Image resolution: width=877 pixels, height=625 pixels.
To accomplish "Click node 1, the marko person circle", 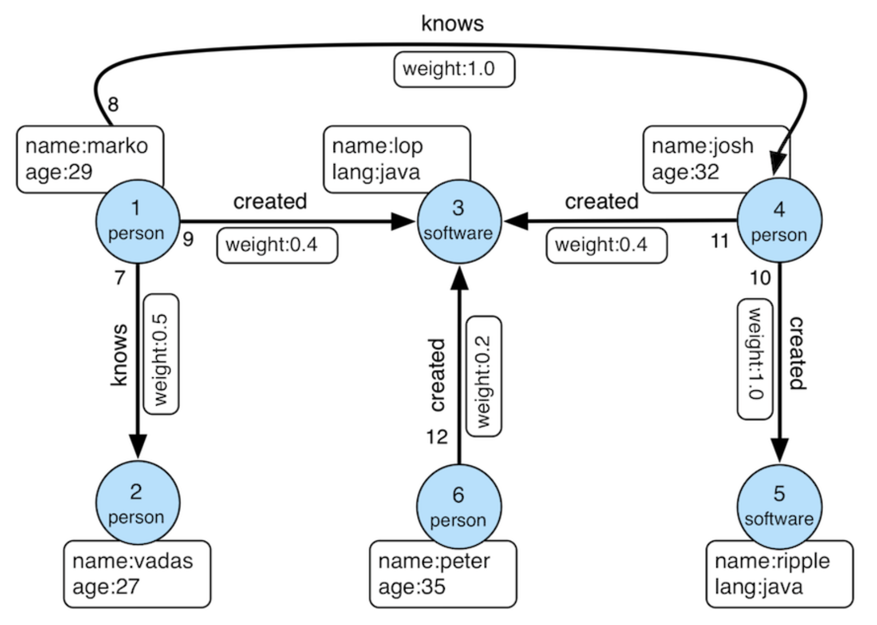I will click(137, 221).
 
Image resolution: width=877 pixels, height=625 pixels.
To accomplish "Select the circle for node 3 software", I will click(458, 221).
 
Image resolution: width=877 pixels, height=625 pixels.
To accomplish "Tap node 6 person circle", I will click(458, 506).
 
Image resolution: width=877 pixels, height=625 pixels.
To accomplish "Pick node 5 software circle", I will click(779, 506).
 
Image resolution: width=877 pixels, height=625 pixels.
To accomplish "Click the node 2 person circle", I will click(137, 503).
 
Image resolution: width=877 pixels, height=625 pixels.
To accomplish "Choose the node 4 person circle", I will click(779, 221).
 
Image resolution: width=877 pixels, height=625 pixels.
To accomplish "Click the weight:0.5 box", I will click(161, 354).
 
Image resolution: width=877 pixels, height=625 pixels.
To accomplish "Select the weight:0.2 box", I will click(484, 376).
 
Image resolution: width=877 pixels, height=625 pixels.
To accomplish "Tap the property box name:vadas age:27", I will click(137, 574).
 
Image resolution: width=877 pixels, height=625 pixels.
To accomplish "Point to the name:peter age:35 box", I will click(442, 574).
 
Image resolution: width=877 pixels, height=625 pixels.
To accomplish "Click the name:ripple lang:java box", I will click(779, 574).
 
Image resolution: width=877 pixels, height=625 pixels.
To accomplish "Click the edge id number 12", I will click(436, 437).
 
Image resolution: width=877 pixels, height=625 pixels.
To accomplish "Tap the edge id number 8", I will click(113, 104).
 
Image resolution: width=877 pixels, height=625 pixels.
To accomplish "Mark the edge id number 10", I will click(759, 278).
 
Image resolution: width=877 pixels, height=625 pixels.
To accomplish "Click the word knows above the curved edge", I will click(452, 24).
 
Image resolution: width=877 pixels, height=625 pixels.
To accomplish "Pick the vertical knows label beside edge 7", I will click(119, 354).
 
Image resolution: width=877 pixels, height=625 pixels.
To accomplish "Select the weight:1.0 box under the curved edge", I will click(454, 69).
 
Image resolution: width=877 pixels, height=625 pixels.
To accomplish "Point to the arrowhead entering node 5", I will click(779, 448).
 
